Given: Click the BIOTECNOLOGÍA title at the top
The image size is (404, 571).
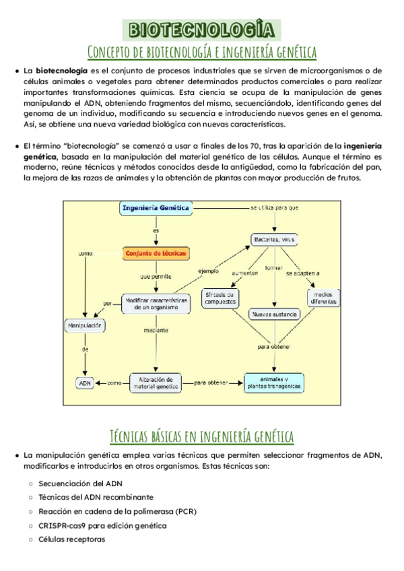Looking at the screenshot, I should coord(202,30).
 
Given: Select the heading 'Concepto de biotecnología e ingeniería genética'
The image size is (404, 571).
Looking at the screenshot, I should coord(202,51).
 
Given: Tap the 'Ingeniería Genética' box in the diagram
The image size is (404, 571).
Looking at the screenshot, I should coord(156,209).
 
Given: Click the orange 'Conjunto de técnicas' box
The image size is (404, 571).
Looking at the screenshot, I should coord(156,253).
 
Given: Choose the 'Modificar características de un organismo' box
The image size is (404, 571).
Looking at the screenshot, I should coord(156,302).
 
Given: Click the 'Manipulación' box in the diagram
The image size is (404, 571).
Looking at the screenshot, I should coord(85,326).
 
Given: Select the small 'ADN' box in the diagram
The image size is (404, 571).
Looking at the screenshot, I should coord(85,382).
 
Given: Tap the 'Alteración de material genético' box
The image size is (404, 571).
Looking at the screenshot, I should coord(156,382).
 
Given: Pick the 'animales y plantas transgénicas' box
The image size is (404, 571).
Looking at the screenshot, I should coord(273,382).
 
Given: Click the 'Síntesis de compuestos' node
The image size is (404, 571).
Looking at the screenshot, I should coord(220,298).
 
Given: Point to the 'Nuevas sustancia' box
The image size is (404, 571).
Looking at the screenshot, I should coord(274,314).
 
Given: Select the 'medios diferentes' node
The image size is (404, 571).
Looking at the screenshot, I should coord(324,298).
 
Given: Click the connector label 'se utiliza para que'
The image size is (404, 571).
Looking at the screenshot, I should coord(275,208).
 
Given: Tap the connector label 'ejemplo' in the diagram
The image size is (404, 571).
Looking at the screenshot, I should coord(209,270).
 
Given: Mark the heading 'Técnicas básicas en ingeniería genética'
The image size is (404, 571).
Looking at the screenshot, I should coord(202,436).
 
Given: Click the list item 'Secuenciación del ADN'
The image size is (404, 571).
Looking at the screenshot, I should coord(81,483).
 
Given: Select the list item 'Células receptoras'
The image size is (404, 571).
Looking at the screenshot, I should coord(72,539).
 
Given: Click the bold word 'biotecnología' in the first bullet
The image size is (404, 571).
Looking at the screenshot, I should coord(61,71).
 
